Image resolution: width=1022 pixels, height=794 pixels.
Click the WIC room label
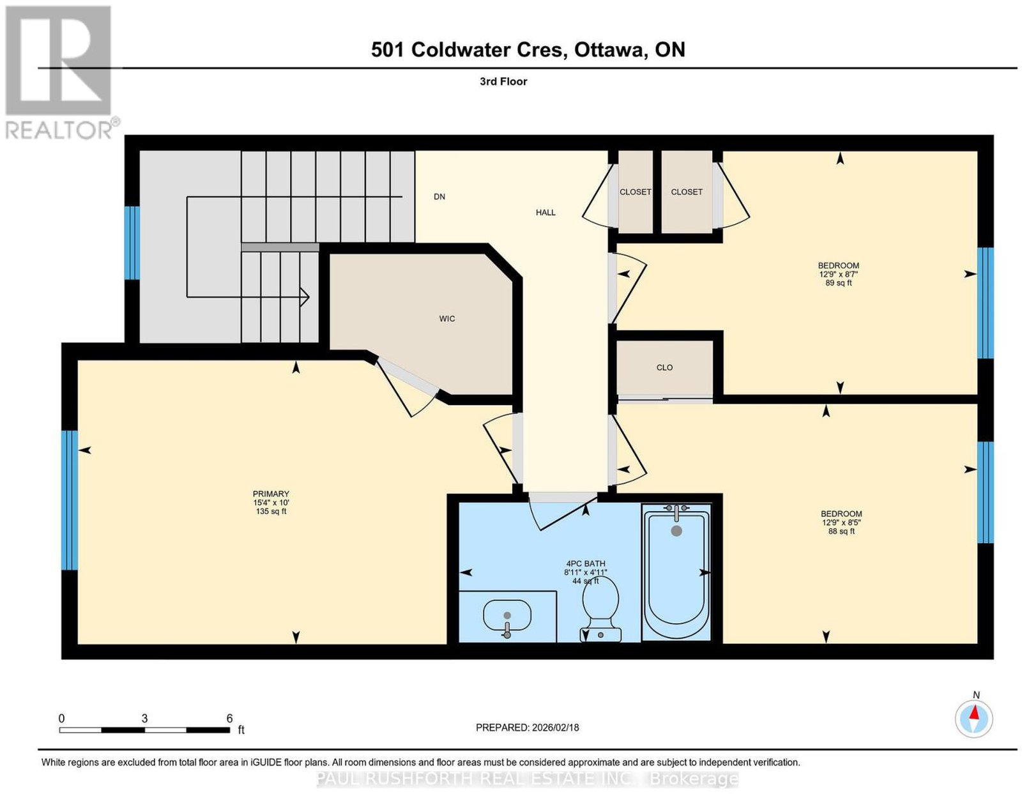(x=446, y=319)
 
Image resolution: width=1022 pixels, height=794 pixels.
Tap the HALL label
(x=545, y=213)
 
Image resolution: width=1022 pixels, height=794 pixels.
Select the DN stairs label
(x=439, y=197)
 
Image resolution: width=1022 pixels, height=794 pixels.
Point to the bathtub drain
(x=676, y=531)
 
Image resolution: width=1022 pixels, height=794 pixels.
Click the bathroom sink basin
(x=507, y=616)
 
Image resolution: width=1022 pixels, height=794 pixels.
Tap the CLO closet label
(x=664, y=368)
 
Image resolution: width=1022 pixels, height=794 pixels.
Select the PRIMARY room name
(x=271, y=494)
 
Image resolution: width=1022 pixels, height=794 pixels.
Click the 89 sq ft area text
(x=839, y=283)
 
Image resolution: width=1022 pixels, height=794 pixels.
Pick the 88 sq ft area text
(x=841, y=531)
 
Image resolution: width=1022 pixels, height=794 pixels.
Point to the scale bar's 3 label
(x=144, y=719)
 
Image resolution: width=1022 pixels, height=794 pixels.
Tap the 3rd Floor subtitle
(x=503, y=81)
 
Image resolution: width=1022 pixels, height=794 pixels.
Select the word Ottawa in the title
(x=609, y=50)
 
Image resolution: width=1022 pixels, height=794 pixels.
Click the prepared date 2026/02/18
(x=555, y=728)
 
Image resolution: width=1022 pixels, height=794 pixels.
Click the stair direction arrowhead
(x=305, y=297)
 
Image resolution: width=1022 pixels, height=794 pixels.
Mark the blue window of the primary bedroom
(x=70, y=500)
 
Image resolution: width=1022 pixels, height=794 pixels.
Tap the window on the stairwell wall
(x=132, y=243)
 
